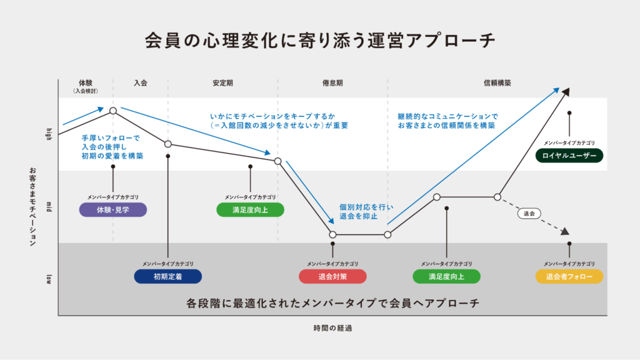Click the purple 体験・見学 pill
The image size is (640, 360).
click(113, 210)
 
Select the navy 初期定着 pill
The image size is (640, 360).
click(167, 276)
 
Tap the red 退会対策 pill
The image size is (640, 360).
click(332, 276)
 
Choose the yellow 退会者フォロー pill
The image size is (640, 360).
click(569, 276)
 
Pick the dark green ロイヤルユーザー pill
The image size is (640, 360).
click(569, 156)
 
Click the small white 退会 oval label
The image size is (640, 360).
click(529, 214)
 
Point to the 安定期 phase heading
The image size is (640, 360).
click(223, 83)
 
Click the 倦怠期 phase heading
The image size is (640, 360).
click(332, 83)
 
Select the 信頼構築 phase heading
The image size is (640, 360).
click(497, 83)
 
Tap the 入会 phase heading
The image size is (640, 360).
click(141, 83)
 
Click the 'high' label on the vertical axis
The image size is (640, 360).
click(49, 134)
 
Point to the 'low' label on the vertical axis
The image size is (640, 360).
click(49, 279)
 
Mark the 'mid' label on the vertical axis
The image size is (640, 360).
click(49, 207)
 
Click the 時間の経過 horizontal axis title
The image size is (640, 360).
click(332, 328)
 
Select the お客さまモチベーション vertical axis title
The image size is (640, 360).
click(32, 206)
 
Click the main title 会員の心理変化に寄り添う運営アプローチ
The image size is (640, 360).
click(320, 41)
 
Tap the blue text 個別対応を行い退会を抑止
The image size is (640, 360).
click(366, 211)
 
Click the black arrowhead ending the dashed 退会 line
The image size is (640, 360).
click(565, 231)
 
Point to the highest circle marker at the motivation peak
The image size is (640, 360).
click(113, 111)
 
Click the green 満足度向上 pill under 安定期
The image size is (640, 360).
click(250, 210)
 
